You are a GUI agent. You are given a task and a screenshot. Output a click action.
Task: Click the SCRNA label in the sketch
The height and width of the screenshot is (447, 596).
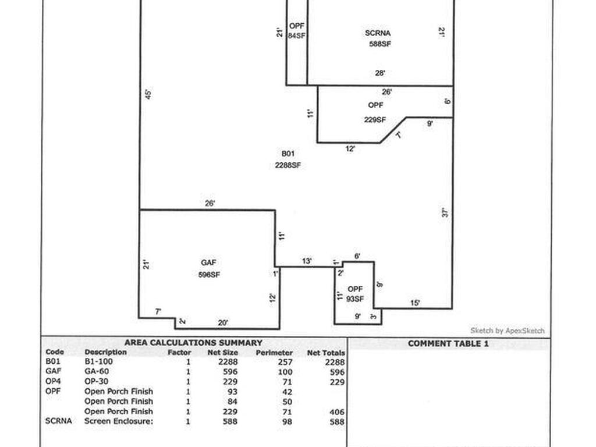pos(378,33)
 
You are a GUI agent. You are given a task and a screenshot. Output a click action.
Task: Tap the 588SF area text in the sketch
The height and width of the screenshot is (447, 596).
pos(379,44)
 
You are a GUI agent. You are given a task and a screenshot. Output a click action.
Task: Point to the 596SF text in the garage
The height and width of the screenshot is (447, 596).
pos(209,275)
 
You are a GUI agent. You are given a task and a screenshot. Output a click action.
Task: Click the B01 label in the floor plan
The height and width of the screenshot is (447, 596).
pos(288,154)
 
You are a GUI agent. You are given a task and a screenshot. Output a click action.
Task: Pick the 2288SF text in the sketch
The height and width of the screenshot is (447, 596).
pos(288,165)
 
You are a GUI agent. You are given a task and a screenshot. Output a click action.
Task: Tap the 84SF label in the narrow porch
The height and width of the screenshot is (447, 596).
pos(297,36)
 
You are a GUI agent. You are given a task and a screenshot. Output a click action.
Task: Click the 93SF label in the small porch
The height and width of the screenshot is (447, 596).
pos(355,299)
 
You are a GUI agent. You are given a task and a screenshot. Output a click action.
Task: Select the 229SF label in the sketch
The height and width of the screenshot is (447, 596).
pos(375,120)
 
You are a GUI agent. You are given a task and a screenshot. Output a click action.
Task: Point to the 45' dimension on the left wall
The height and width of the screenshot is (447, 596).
pos(148,94)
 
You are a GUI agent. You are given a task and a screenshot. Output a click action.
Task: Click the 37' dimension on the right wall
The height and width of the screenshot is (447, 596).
pos(445,213)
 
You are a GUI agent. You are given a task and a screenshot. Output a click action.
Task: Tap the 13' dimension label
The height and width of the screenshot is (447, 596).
pos(307,261)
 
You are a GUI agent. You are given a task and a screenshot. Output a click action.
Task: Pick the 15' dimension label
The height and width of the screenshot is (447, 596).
pos(416,303)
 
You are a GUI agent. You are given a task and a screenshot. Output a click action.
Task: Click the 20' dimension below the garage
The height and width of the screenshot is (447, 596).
pos(223,322)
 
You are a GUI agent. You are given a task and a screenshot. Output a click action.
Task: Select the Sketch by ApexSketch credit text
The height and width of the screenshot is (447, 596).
pos(508,331)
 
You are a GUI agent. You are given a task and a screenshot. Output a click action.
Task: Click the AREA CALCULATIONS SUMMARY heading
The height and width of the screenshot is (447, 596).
pos(193,343)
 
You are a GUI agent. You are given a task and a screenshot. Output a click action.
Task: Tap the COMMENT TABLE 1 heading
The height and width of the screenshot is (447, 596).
pos(448,343)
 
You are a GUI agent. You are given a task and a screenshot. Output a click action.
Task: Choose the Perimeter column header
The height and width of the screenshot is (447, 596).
pos(274,353)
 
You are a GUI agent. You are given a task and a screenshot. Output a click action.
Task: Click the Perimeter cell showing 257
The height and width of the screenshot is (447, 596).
pos(285,362)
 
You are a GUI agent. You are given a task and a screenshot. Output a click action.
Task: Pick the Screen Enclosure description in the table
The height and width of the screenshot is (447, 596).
pos(119,421)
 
